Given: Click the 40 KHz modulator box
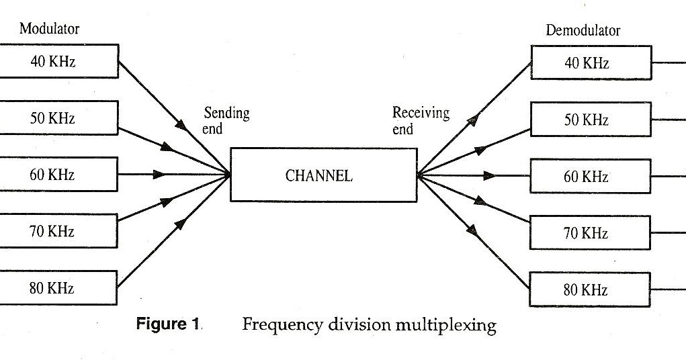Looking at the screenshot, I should point(59,61).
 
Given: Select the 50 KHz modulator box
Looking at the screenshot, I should point(59,118).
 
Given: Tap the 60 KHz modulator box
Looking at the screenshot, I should point(59,175).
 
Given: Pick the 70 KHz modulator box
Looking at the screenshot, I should point(59,232).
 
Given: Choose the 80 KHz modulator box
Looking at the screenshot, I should point(59,289).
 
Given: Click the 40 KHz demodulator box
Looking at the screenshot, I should point(591,63).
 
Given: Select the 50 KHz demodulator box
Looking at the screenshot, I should point(591,120).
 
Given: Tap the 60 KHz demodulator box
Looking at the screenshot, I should point(591,177).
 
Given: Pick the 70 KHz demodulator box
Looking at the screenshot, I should point(591,233).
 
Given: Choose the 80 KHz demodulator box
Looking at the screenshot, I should point(591,289).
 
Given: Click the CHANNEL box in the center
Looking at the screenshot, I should point(323,175).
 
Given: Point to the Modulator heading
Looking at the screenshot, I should point(50,29).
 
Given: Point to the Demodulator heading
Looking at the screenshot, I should point(583,30).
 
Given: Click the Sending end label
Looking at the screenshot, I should point(226,120).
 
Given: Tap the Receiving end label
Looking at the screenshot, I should point(421,120).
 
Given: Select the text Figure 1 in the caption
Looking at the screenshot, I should point(168,324).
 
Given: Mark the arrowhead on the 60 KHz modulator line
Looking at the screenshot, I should point(159,175).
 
